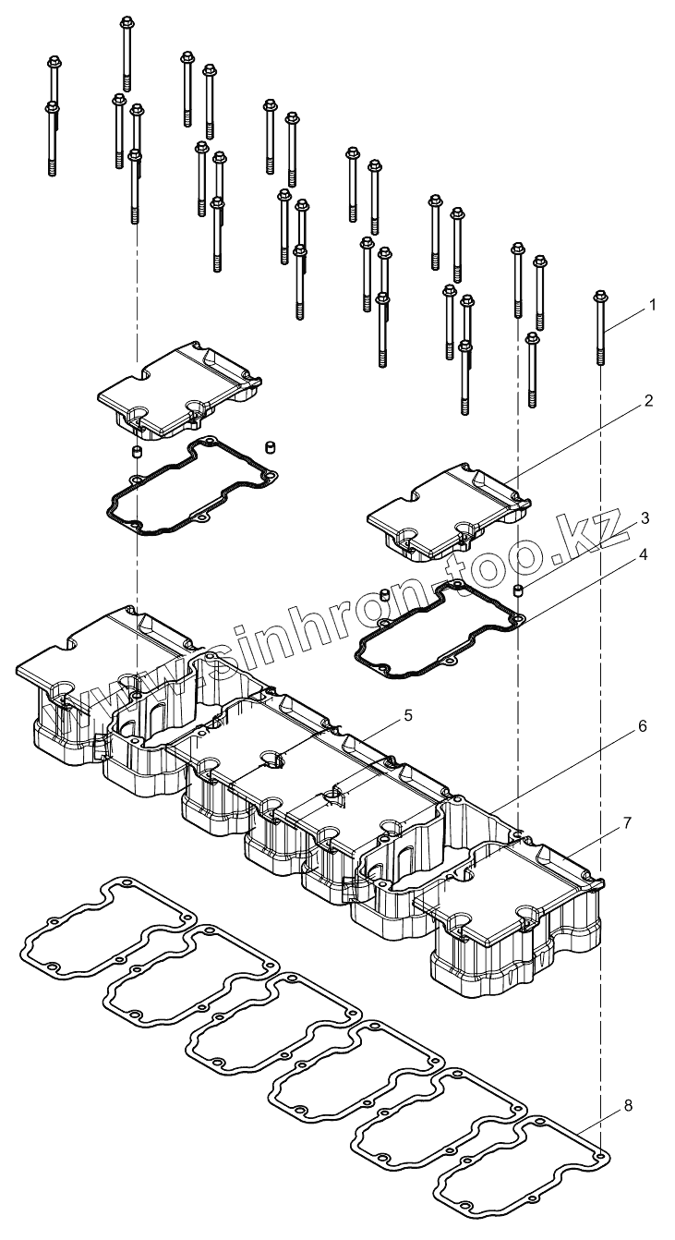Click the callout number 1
point(653,304)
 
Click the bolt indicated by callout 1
point(600,333)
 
